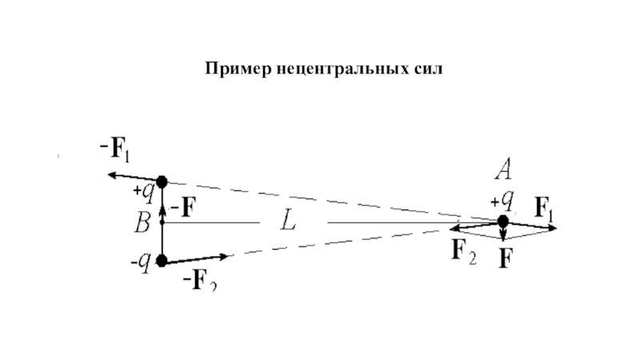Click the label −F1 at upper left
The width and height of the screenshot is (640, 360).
click(115, 149)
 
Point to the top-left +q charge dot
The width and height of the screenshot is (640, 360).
click(162, 181)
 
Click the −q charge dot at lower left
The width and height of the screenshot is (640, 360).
click(162, 260)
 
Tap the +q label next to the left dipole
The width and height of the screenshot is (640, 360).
click(143, 192)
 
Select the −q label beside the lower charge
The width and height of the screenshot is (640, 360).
click(142, 262)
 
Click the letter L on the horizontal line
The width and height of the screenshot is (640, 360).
click(287, 222)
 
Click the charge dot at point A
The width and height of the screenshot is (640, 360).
click(502, 222)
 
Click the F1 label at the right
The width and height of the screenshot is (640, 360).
click(544, 210)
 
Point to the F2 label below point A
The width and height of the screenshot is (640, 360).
click(465, 252)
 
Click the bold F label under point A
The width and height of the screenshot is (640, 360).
click(505, 258)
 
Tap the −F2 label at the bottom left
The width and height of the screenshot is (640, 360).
click(201, 279)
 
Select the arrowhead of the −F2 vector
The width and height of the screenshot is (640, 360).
click(226, 256)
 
